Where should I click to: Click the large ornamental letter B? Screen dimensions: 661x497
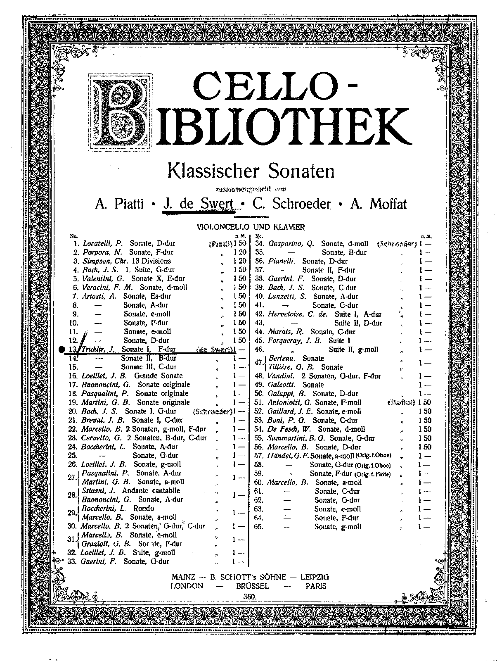[x=120, y=113]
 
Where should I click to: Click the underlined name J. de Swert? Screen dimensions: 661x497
[x=199, y=204]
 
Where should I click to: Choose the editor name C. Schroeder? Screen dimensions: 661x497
[x=292, y=204]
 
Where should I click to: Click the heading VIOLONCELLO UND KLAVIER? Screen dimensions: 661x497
[x=251, y=227]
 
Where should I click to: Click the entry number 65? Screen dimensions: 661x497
[x=259, y=527]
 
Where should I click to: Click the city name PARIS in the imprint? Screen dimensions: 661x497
[x=316, y=586]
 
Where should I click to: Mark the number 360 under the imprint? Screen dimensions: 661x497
[x=250, y=596]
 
